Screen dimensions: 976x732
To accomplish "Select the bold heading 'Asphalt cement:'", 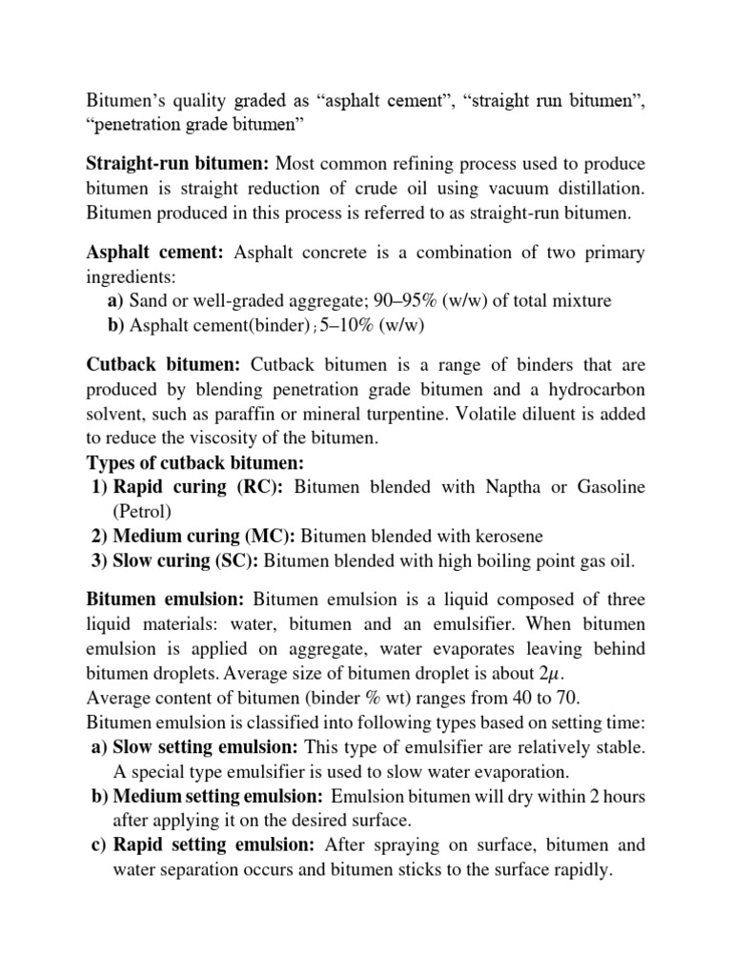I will [x=154, y=253].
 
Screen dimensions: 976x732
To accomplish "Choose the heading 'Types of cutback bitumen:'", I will [x=194, y=462].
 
